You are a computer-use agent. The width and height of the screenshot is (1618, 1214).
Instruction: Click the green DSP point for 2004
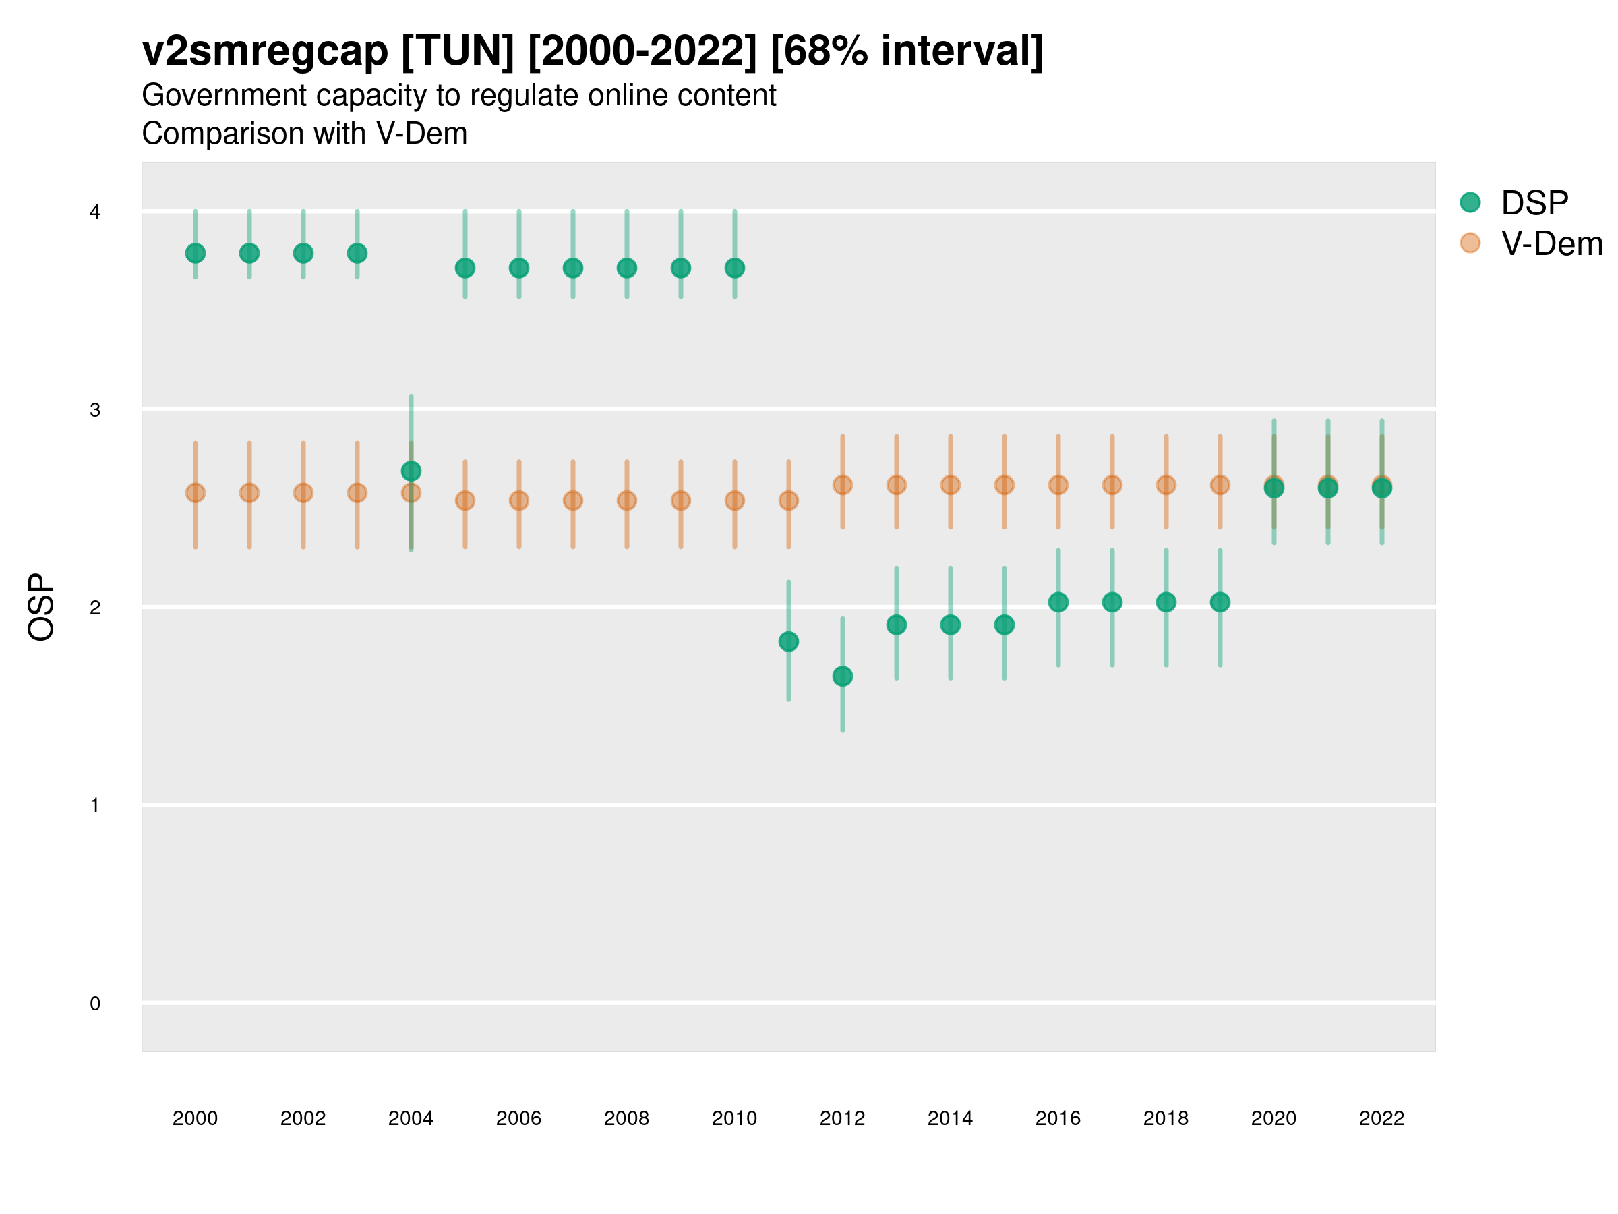coord(411,471)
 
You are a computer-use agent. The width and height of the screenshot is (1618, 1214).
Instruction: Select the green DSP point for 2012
coord(843,676)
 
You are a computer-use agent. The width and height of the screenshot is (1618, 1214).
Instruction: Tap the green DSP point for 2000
coord(196,253)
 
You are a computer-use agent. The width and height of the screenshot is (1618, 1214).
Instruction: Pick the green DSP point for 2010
coord(735,268)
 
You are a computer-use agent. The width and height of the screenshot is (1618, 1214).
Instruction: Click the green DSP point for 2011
coord(789,642)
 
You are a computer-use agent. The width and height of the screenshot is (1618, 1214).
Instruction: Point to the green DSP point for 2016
coord(1058,602)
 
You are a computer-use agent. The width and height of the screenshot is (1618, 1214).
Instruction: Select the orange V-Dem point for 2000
coord(196,493)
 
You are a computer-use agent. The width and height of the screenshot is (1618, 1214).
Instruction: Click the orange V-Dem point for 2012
coord(843,485)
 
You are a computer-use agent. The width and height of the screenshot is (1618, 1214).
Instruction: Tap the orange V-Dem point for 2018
coord(1166,485)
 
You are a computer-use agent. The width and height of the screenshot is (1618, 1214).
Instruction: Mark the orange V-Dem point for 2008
coord(627,500)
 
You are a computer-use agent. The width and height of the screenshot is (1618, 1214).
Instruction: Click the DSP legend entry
coord(1514,203)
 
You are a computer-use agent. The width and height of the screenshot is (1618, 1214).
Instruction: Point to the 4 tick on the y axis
coord(95,212)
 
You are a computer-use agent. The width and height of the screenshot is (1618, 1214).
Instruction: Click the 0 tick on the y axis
coord(95,1004)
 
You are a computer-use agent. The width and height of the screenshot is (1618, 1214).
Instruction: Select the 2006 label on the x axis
coord(518,1118)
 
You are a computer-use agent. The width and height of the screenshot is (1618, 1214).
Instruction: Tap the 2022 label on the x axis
coord(1382,1118)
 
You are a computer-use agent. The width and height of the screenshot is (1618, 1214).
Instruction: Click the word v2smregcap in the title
coord(265,51)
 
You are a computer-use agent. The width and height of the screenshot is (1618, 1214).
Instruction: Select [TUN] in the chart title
coord(458,51)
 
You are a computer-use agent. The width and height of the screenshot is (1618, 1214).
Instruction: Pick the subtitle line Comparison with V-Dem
coord(304,134)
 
